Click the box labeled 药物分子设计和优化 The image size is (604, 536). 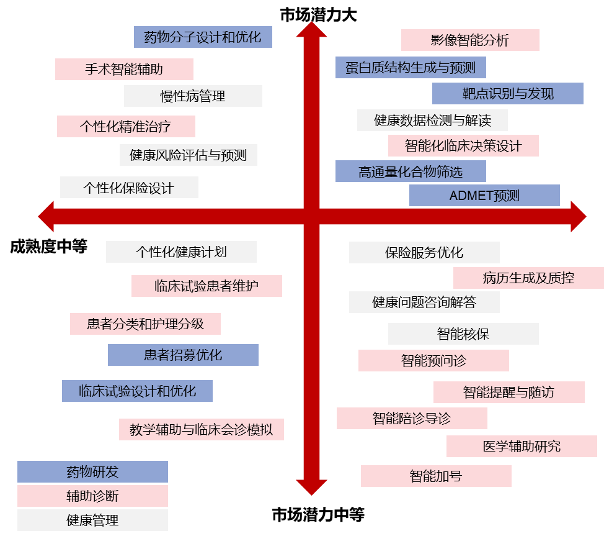click(x=203, y=37)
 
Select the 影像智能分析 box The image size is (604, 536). click(x=470, y=40)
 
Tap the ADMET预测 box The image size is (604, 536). click(x=484, y=196)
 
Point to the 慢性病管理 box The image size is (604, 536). click(x=193, y=96)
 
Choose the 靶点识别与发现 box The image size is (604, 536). click(x=508, y=94)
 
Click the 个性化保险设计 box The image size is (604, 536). click(x=129, y=188)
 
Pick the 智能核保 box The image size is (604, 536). click(x=463, y=334)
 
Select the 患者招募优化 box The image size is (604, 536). click(x=183, y=355)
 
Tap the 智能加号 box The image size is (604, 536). click(x=436, y=476)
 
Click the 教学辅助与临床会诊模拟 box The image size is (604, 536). click(x=202, y=429)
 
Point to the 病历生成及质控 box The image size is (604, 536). click(x=528, y=278)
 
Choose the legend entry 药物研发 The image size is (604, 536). click(x=92, y=472)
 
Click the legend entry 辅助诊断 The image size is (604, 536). click(x=92, y=496)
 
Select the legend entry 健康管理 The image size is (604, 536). click(x=92, y=520)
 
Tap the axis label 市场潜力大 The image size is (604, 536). click(x=318, y=16)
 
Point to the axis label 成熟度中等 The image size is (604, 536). click(x=48, y=247)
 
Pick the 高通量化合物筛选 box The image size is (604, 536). click(x=411, y=171)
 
